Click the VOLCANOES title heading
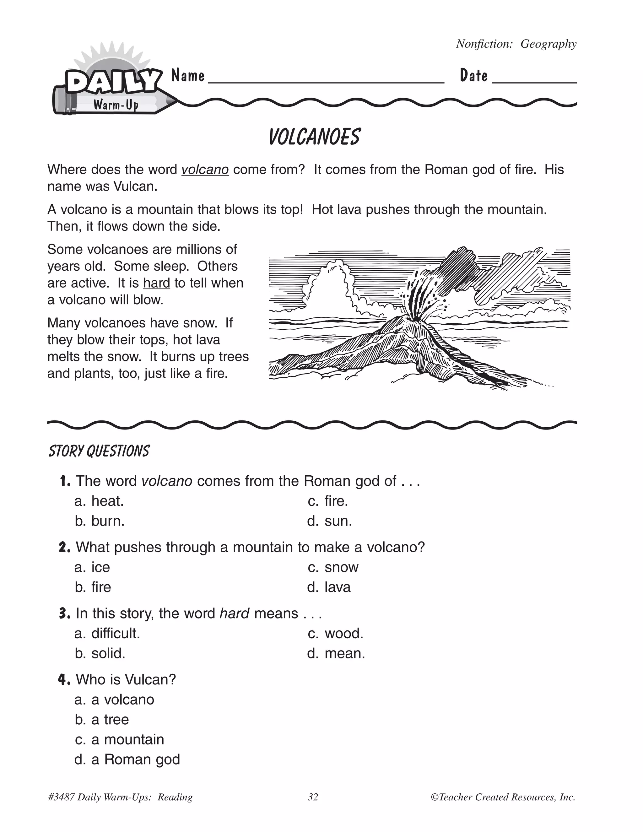coord(314,137)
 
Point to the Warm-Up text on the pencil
coord(116,104)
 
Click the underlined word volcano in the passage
coord(205,170)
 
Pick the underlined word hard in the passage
coord(157,283)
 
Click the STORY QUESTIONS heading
coord(99,451)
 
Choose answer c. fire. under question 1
coord(328,501)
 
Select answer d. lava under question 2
coord(329,587)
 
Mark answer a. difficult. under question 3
coord(107,634)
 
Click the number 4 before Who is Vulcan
coord(64,680)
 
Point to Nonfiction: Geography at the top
coord(516,44)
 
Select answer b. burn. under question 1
coord(100,521)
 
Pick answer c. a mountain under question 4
coord(120,739)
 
